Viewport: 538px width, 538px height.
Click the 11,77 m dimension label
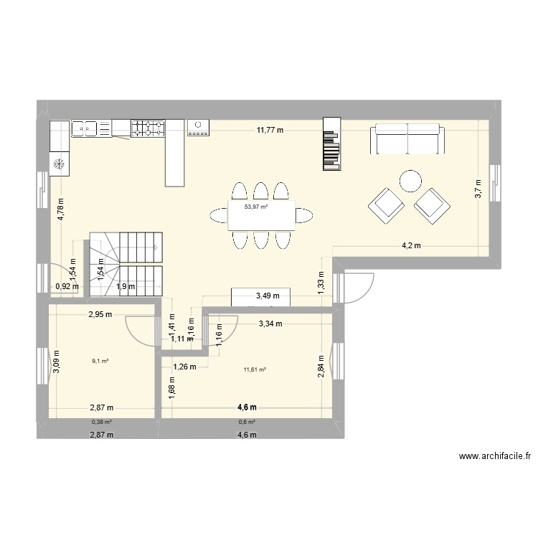click(270, 131)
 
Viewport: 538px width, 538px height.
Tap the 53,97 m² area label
click(256, 207)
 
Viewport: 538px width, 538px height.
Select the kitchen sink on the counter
click(85, 128)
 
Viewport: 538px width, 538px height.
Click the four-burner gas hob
click(148, 128)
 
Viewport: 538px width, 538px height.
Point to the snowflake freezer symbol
click(60, 164)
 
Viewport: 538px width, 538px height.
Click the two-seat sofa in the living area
click(407, 139)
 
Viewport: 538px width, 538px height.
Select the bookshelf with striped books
click(331, 145)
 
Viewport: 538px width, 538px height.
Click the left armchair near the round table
click(386, 204)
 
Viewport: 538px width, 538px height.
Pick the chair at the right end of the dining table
click(304, 214)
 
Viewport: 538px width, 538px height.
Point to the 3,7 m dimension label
click(478, 189)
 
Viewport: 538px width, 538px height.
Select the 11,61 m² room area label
click(255, 369)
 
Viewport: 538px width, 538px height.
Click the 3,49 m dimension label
click(268, 296)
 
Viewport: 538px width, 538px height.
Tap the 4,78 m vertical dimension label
click(61, 209)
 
